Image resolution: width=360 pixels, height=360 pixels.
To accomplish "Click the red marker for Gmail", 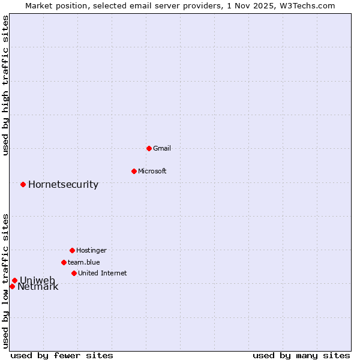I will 149,148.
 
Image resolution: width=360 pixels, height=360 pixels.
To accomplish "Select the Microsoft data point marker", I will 134,171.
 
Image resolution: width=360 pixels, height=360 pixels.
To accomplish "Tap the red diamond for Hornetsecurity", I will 23,184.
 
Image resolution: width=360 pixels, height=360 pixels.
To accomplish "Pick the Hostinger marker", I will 72,250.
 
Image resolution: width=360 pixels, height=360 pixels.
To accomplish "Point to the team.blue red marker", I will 64,262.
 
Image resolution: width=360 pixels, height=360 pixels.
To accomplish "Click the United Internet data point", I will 74,273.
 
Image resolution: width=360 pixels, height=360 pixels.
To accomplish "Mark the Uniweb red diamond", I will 14,280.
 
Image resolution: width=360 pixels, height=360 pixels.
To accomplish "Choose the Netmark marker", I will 12,286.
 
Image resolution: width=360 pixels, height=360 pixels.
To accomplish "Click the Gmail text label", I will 162,148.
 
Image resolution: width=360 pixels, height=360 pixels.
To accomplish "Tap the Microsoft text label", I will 152,171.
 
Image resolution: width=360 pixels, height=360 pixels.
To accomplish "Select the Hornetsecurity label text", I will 63,184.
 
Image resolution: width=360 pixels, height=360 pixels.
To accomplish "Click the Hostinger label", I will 91,250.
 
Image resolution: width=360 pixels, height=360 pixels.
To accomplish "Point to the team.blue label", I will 84,262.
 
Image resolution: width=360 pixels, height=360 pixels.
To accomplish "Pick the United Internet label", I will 102,273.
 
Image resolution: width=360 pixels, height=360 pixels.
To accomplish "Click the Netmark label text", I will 38,287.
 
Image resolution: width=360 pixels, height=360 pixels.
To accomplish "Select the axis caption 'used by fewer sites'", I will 62,355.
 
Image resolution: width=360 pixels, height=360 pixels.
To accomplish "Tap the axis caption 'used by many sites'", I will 301,355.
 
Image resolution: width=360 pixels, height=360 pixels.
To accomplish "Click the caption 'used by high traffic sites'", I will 5,85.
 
